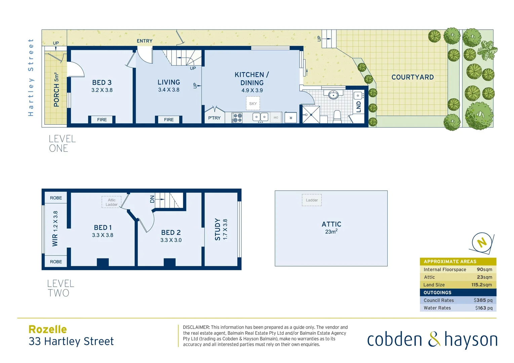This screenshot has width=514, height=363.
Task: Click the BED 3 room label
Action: (102, 83)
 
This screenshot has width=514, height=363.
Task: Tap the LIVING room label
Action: (169, 82)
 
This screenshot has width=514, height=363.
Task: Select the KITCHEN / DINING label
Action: (252, 79)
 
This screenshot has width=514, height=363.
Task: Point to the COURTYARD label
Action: (412, 77)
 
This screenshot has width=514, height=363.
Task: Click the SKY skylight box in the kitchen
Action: (253, 104)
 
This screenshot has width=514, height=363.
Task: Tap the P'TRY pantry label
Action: (214, 118)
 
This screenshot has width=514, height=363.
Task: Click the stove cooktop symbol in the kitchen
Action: (237, 118)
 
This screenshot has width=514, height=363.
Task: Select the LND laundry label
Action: (358, 107)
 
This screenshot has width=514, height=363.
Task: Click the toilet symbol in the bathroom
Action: (337, 117)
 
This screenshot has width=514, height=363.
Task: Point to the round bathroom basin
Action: (333, 95)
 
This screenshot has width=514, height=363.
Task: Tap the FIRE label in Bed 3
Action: (102, 120)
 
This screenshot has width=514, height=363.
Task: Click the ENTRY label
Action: (145, 41)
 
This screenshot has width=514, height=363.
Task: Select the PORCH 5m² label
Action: (56, 90)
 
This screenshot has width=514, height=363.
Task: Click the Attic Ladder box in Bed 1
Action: (112, 202)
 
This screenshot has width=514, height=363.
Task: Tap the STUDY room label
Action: (218, 229)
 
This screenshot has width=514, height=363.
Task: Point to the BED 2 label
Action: (171, 233)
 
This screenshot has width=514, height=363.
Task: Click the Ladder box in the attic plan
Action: (312, 200)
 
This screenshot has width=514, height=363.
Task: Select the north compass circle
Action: (482, 242)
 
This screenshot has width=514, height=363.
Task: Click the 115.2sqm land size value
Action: (481, 285)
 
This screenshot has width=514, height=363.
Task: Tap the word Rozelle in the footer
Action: (48, 329)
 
